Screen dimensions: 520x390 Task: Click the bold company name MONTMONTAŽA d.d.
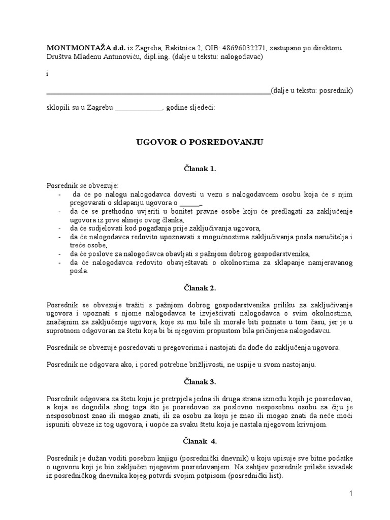tap(79, 48)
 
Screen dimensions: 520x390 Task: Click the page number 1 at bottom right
tap(350, 493)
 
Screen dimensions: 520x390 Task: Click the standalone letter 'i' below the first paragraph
tap(47, 74)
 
